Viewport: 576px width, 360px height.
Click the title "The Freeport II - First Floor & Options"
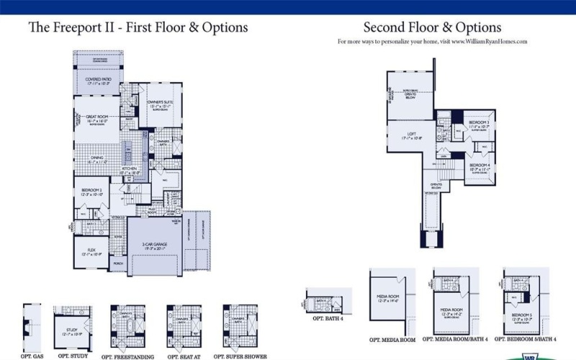pyautogui.click(x=138, y=28)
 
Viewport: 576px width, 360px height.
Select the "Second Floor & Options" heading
pyautogui.click(x=432, y=28)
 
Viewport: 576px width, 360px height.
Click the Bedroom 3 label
pyautogui.click(x=478, y=123)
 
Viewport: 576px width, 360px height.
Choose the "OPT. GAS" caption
pyautogui.click(x=32, y=356)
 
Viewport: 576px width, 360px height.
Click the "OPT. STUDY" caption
pyautogui.click(x=73, y=356)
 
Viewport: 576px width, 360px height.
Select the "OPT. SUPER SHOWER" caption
pyautogui.click(x=240, y=356)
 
